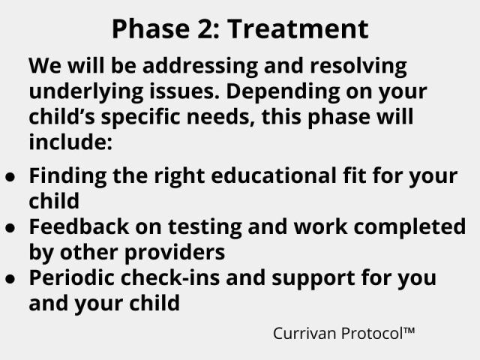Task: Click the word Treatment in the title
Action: [298, 28]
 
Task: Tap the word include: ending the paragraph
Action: [70, 142]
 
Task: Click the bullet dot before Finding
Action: [10, 176]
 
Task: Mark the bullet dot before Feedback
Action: [10, 226]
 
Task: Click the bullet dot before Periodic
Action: [10, 277]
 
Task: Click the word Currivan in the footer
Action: [304, 332]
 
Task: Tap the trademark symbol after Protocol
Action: [409, 329]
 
